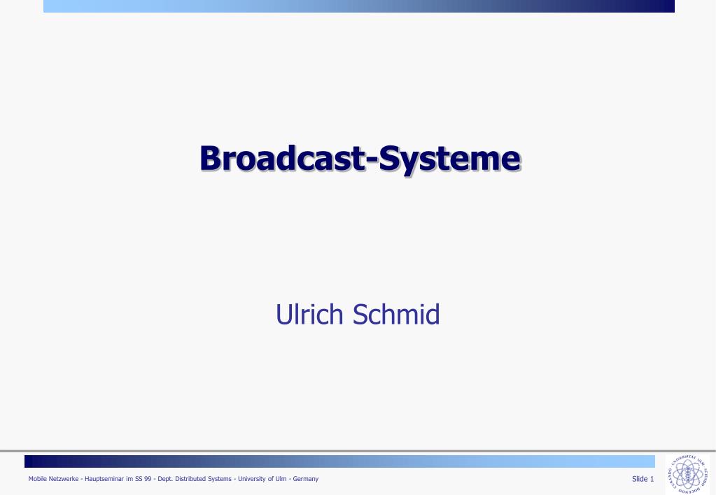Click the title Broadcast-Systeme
tap(360, 159)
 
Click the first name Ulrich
tap(309, 314)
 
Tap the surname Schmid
tap(396, 314)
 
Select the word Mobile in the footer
tap(37, 479)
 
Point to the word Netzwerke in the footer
tap(64, 479)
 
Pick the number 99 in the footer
tap(148, 479)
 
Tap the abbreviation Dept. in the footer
tap(165, 479)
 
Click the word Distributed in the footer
tap(190, 479)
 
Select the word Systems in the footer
tap(220, 479)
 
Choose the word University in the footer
tap(252, 479)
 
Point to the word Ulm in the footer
tap(281, 479)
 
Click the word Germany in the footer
tap(305, 479)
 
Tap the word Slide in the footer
tap(639, 479)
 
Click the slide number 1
tap(652, 479)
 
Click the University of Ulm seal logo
tap(688, 473)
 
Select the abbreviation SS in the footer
tap(139, 479)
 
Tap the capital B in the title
tap(211, 158)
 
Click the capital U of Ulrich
tap(283, 315)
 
